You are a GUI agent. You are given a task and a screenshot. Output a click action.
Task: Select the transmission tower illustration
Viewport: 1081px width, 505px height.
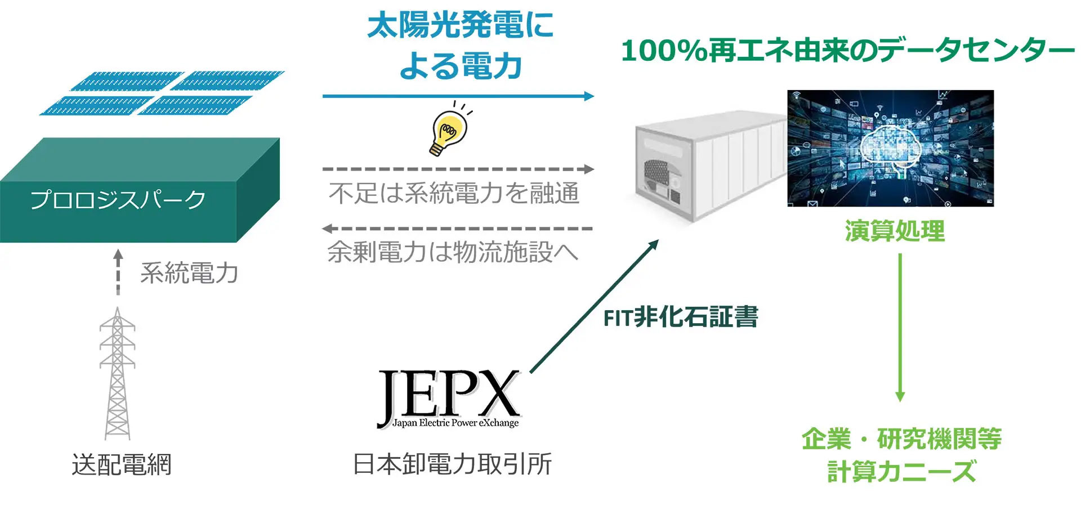pos(117,374)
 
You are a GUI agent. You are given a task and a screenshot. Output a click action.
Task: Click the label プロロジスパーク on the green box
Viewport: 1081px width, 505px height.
pos(118,200)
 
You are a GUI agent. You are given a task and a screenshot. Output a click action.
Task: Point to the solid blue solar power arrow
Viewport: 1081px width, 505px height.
pos(457,96)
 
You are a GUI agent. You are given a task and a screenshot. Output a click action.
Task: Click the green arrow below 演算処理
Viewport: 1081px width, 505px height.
pos(900,327)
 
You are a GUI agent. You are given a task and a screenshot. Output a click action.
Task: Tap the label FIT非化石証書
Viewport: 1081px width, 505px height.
pos(681,318)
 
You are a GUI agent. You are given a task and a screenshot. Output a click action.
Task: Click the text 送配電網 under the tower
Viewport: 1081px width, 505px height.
pos(121,465)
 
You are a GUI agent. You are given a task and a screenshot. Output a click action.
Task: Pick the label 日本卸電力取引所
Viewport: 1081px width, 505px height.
pos(452,464)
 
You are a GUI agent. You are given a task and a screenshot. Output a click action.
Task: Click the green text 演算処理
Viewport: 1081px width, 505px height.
pos(895,231)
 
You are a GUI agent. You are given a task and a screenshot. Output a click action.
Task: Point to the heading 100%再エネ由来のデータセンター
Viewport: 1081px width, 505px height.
pos(847,51)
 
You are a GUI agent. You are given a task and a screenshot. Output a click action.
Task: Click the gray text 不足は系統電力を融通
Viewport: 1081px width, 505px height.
pos(454,193)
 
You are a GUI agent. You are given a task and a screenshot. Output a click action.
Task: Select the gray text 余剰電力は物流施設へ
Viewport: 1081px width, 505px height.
pos(453,252)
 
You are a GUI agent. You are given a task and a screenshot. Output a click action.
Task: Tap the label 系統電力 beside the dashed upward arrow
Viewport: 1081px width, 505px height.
pos(189,273)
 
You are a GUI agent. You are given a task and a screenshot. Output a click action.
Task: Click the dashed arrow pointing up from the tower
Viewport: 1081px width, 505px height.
pos(118,272)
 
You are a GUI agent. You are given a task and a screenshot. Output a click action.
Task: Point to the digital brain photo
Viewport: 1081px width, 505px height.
pos(890,148)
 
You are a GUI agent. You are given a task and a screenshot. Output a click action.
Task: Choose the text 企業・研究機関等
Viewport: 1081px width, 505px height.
pos(901,439)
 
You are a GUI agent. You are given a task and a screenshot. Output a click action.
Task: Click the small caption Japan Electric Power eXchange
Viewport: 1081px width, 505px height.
pos(455,423)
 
